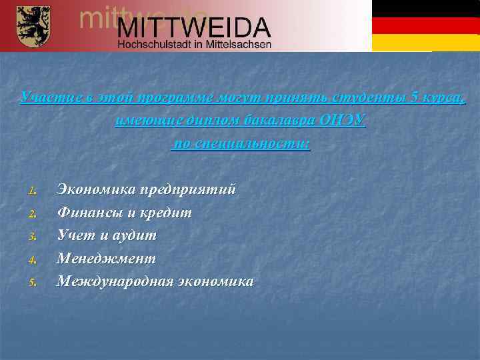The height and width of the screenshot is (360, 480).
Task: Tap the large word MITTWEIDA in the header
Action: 195,28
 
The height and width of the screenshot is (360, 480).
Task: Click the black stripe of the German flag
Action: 425,9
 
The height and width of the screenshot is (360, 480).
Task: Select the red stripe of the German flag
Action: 425,25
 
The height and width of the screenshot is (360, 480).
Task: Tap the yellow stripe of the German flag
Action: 425,42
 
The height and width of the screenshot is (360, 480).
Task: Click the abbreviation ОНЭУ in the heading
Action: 343,121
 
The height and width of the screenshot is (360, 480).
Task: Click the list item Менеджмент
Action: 107,258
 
